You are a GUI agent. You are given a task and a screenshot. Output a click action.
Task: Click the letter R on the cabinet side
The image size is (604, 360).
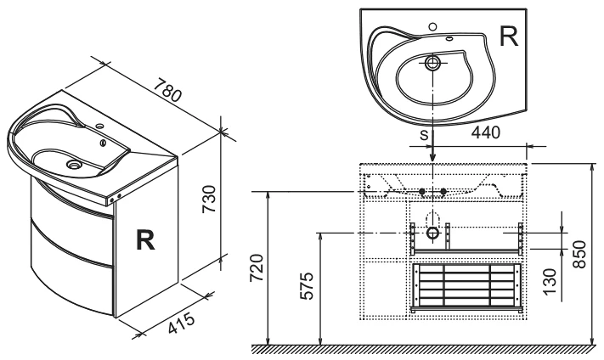pyautogui.click(x=146, y=242)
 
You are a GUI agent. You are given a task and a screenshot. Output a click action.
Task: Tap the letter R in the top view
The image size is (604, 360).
pyautogui.click(x=508, y=37)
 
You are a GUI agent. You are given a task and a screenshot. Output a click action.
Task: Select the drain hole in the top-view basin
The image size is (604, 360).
pyautogui.click(x=432, y=62)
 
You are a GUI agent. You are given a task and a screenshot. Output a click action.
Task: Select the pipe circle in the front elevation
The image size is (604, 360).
pyautogui.click(x=432, y=231)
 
